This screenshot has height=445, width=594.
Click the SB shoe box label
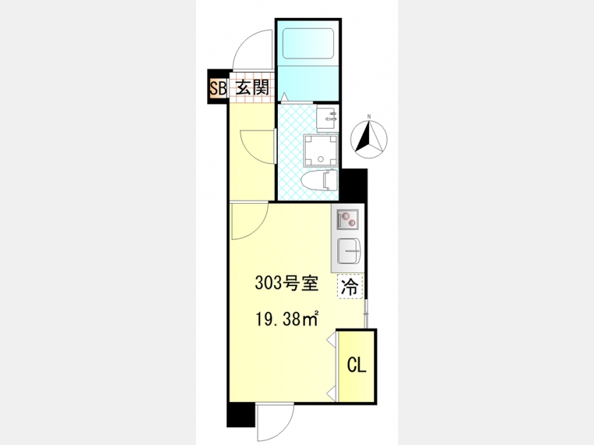coord(218,88)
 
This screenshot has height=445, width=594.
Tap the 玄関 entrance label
coord(252,88)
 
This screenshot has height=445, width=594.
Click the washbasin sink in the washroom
coord(327,119)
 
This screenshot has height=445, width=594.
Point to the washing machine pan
coord(321,150)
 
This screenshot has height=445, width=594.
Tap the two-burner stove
coord(348,220)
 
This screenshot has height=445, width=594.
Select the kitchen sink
coord(348,251)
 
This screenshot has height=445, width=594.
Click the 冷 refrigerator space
coord(350,287)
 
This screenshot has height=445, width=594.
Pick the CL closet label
coord(356,365)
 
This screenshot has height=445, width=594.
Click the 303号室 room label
coord(286,283)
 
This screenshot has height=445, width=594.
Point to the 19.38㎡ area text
coord(287,319)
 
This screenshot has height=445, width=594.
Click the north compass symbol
coord(368,139)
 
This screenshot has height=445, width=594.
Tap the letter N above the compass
coord(369,117)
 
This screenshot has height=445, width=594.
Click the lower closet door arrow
coord(331,394)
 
